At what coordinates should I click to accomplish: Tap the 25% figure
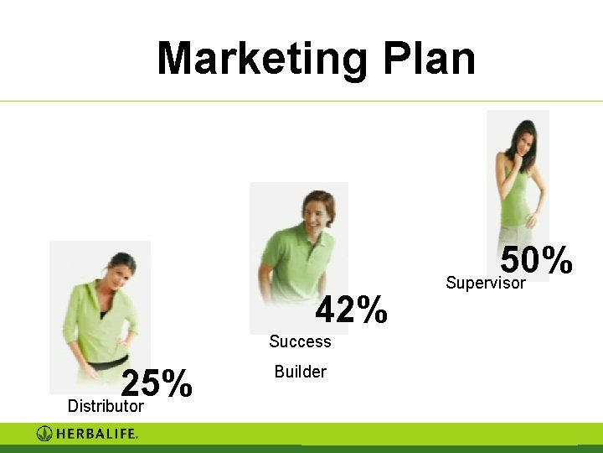[157, 384]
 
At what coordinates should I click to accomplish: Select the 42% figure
[352, 310]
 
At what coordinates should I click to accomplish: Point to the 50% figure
[537, 261]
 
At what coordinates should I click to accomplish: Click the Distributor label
[106, 407]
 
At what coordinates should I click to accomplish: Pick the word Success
[300, 341]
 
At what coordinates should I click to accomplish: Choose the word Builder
[300, 372]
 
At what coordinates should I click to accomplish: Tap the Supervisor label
[486, 283]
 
